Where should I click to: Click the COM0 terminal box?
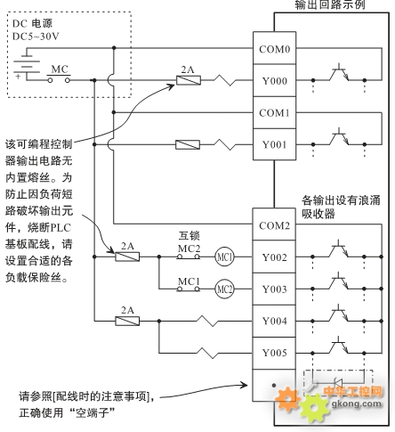[x=274, y=48]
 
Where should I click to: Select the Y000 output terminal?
[x=274, y=80]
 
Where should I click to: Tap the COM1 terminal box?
[x=274, y=112]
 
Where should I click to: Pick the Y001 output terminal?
[x=274, y=144]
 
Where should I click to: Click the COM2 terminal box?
[x=274, y=224]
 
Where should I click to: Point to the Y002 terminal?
[x=274, y=257]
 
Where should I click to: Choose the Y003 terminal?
[x=274, y=289]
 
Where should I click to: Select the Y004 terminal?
[x=274, y=321]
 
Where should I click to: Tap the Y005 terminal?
[x=274, y=353]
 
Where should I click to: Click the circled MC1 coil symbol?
[x=224, y=257]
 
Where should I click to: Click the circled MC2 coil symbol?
[x=224, y=289]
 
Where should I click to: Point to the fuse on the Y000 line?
[x=189, y=80]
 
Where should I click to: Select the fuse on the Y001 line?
[x=188, y=145]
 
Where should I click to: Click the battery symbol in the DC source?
[x=27, y=65]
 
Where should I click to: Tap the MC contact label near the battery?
[x=60, y=69]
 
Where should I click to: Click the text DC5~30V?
[x=36, y=37]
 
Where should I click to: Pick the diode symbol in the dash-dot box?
[x=338, y=383]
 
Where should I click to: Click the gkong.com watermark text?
[x=356, y=403]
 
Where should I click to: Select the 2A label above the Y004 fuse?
[x=127, y=310]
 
